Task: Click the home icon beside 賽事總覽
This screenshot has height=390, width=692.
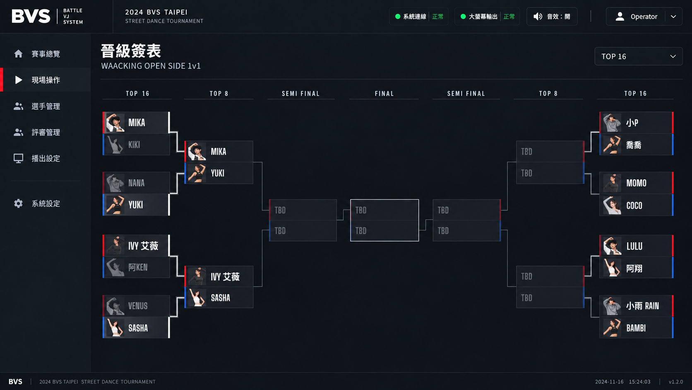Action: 18,54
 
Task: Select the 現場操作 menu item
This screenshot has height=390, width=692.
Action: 46,80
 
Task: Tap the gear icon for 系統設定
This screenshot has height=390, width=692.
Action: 18,203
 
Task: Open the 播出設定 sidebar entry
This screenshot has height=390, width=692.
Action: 46,158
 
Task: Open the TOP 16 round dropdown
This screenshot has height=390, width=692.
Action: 638,56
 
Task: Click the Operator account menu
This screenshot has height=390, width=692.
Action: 644,17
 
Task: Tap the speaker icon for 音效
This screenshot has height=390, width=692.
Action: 538,17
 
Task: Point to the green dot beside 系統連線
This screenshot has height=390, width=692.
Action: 398,17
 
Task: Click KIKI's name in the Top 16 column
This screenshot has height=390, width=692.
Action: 134,144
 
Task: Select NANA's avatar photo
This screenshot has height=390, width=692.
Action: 115,183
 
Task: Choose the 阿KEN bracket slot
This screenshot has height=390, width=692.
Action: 136,267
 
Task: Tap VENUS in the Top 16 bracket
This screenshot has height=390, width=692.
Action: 138,306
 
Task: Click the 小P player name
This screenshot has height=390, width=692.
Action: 632,123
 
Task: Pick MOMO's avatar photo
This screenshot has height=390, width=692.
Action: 612,183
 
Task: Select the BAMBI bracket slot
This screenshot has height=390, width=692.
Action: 637,327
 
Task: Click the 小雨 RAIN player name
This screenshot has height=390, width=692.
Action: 643,306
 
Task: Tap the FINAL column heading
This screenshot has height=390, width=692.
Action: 384,93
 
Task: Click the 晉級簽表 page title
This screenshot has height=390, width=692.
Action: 131,51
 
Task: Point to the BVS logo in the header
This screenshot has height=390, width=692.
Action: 31,16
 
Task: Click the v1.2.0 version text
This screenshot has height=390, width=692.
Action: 675,382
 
